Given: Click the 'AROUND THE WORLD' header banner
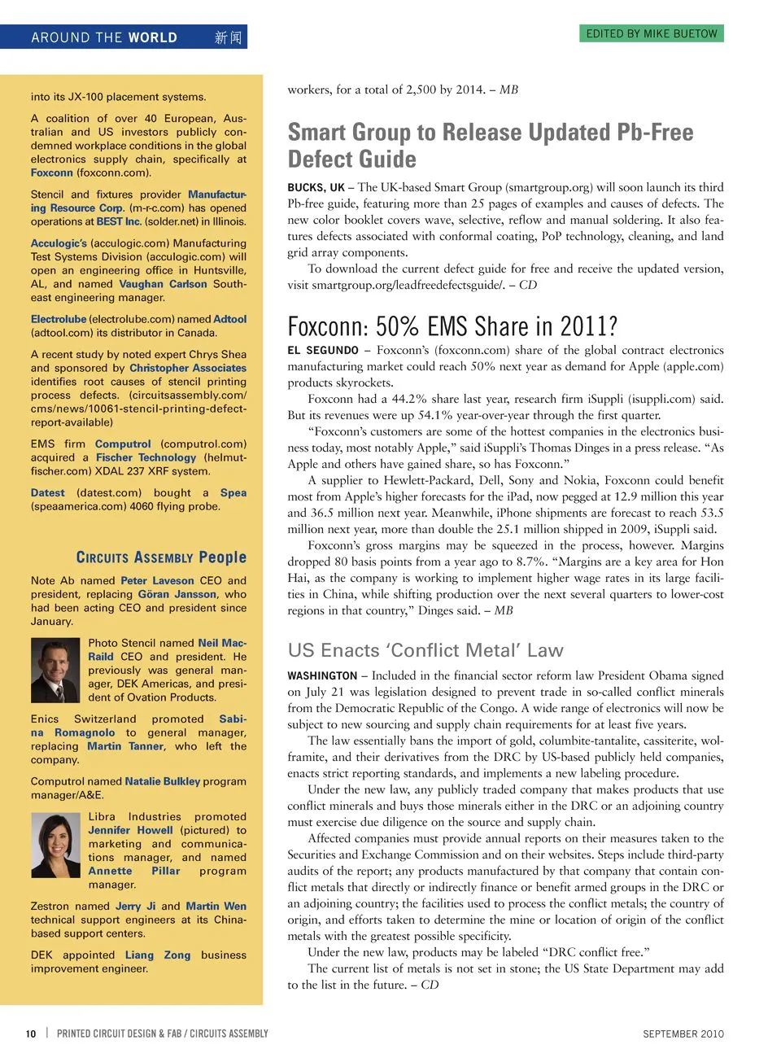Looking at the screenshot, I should tap(104, 37).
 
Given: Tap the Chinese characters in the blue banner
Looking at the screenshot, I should tap(228, 37).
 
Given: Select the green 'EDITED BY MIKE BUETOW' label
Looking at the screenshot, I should tap(652, 33).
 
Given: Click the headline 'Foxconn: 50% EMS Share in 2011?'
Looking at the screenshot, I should tap(452, 326).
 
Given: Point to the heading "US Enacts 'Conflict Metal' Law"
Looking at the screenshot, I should tap(425, 650).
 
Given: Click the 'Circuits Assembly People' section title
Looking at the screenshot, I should tap(161, 557).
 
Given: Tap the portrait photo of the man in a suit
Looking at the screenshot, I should tap(55, 671).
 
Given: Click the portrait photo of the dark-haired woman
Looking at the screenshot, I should tap(55, 845).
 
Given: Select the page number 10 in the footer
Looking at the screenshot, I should tap(31, 1034).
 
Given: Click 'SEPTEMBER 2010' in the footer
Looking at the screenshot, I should tap(683, 1034).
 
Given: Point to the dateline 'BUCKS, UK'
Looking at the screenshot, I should tap(316, 187).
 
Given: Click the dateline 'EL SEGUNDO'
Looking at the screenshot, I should tap(323, 350).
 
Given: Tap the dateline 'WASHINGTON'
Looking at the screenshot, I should tap(322, 675).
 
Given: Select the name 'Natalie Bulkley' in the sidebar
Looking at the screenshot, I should tap(163, 781).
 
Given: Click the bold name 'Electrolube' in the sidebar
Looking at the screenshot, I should tap(59, 319).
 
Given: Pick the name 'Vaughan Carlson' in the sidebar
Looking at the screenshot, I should tap(163, 284).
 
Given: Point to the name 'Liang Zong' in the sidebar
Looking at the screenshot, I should tap(158, 955).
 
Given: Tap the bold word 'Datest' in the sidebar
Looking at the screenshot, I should tap(48, 492).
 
